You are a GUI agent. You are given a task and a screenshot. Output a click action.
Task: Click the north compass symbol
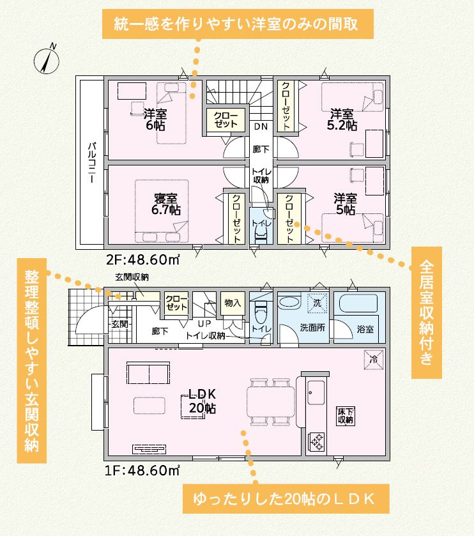[x=47, y=61]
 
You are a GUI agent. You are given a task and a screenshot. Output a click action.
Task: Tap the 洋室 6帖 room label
[x=155, y=119]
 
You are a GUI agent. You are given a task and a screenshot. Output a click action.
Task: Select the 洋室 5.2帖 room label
[x=342, y=119]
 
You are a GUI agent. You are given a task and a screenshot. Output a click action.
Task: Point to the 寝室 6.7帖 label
[x=165, y=204]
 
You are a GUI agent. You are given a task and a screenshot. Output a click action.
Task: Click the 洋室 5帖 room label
[x=345, y=204]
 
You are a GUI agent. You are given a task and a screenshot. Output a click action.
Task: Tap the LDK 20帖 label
[x=203, y=401]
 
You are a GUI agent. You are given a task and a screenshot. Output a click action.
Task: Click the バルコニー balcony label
[x=92, y=162]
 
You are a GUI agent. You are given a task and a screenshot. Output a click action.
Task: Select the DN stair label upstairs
[x=261, y=126]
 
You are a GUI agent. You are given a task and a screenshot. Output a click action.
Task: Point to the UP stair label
[x=204, y=323]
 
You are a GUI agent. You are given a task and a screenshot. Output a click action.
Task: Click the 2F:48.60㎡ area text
[x=143, y=260]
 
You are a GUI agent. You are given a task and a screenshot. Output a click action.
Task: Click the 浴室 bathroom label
[x=365, y=329]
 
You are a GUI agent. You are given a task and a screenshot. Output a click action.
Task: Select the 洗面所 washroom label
[x=312, y=328]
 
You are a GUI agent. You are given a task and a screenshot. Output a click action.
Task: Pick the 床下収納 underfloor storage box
[x=345, y=416]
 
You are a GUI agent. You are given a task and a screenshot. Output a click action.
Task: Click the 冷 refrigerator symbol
[x=374, y=360]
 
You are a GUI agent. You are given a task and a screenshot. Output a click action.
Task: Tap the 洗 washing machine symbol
[x=317, y=303]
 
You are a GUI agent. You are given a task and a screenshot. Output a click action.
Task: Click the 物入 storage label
[x=233, y=303]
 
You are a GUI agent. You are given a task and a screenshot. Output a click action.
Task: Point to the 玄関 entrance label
[x=119, y=324]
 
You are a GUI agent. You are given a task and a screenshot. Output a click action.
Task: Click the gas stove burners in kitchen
[x=316, y=441]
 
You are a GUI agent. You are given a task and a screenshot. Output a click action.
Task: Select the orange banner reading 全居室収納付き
[x=427, y=312]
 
